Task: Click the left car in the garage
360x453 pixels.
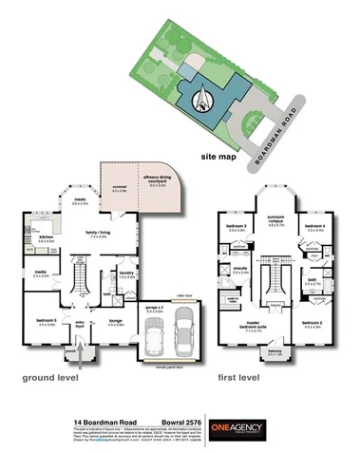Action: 158,337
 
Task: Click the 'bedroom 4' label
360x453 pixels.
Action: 315,226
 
